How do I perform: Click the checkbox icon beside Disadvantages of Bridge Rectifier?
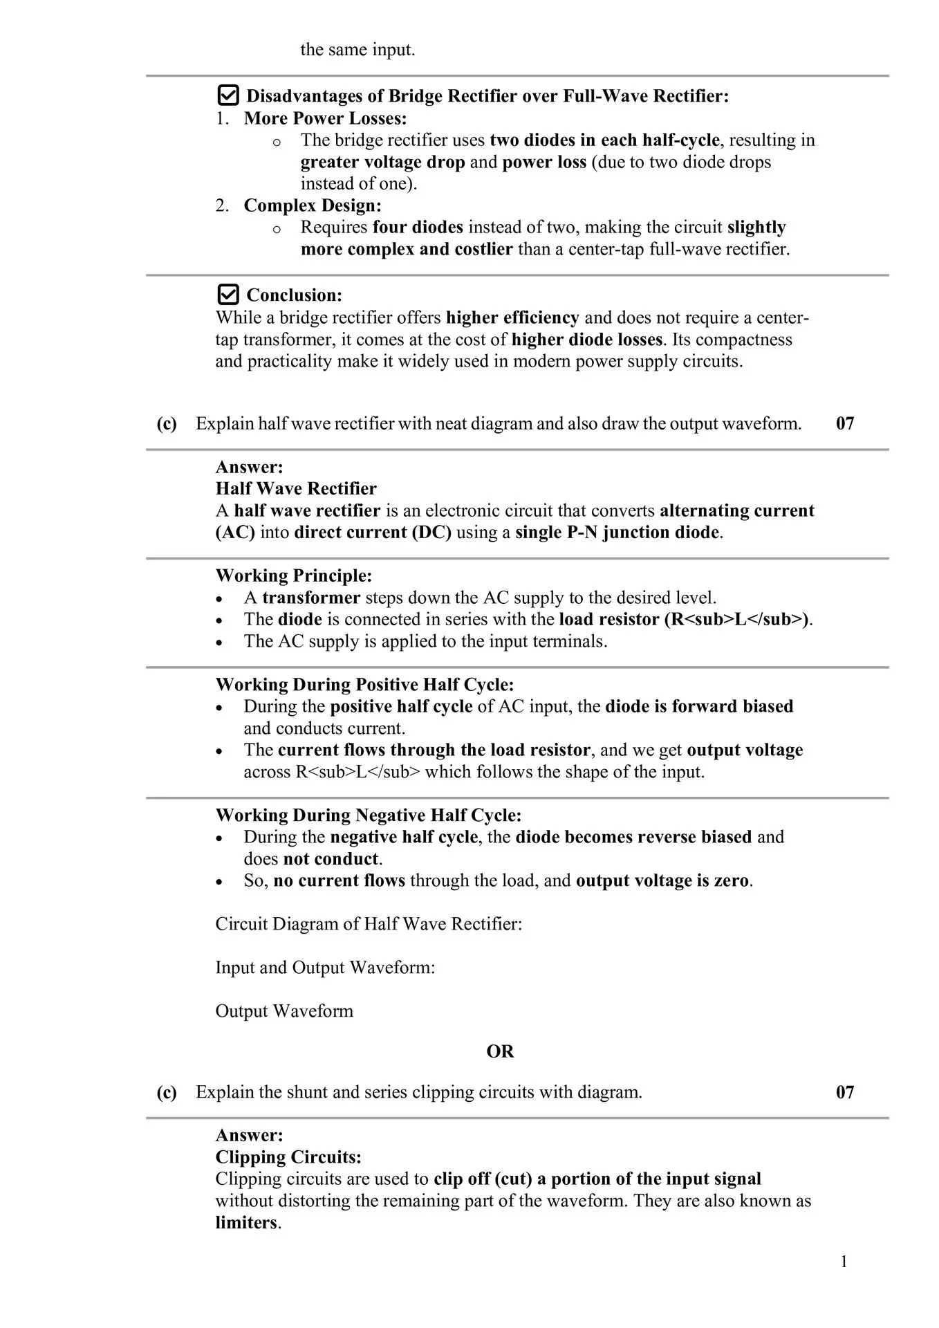pyautogui.click(x=228, y=95)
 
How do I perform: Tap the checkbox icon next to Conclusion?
pyautogui.click(x=228, y=295)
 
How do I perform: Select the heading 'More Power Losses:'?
pyautogui.click(x=325, y=118)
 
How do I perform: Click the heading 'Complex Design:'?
pyautogui.click(x=313, y=205)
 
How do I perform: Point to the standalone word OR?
pyautogui.click(x=500, y=1051)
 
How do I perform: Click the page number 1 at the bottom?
pyautogui.click(x=844, y=1262)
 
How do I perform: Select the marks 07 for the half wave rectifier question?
pyautogui.click(x=845, y=423)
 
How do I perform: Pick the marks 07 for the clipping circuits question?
pyautogui.click(x=845, y=1092)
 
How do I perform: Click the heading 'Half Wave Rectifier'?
pyautogui.click(x=296, y=489)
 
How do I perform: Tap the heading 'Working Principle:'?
pyautogui.click(x=294, y=575)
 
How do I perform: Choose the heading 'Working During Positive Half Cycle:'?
pyautogui.click(x=364, y=685)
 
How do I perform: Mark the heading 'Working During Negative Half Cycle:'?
pyautogui.click(x=369, y=815)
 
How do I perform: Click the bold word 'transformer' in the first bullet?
pyautogui.click(x=311, y=598)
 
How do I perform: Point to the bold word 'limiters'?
pyautogui.click(x=246, y=1223)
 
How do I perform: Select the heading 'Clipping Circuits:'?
pyautogui.click(x=288, y=1157)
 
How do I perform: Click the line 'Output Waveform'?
pyautogui.click(x=284, y=1011)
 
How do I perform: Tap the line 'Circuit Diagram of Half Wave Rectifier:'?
pyautogui.click(x=369, y=924)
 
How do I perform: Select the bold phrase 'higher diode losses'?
pyautogui.click(x=587, y=340)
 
